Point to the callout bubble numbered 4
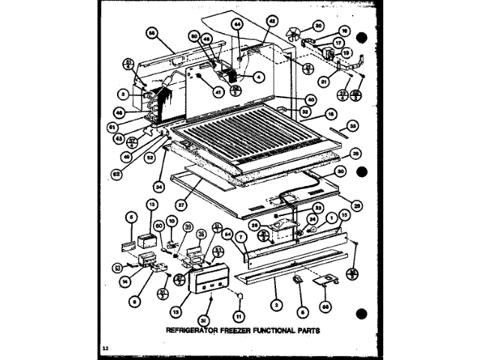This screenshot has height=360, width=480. pyautogui.click(x=257, y=76)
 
